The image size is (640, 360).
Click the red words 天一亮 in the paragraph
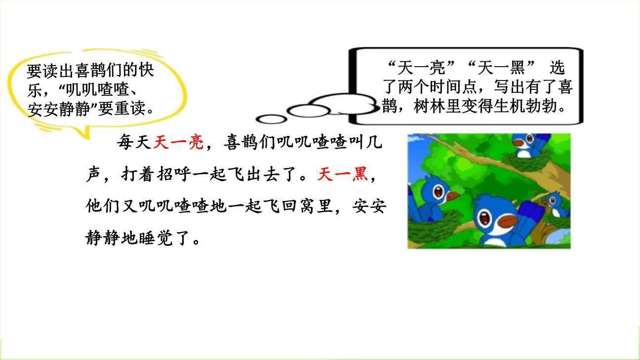(x=178, y=143)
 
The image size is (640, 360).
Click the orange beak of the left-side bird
(x=452, y=197)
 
